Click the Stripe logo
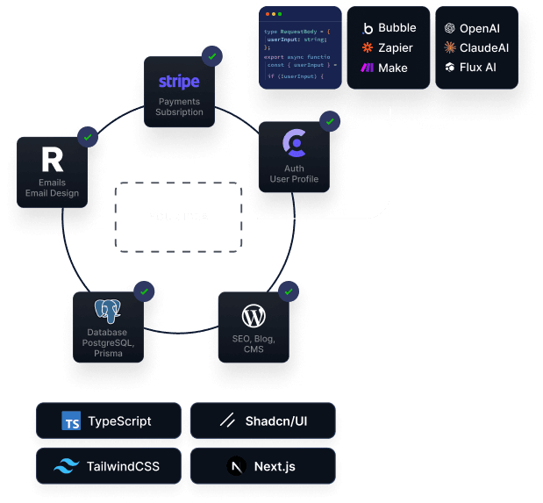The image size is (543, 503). (179, 82)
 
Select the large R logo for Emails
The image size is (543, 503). (53, 160)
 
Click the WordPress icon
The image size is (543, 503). (254, 316)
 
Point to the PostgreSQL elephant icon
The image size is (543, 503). (107, 312)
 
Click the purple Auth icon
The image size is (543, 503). (294, 142)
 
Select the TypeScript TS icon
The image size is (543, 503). (72, 421)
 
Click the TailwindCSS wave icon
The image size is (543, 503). (67, 467)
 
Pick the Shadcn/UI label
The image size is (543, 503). (276, 421)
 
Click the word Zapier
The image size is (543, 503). (396, 47)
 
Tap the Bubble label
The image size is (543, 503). (396, 28)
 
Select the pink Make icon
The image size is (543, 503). (368, 68)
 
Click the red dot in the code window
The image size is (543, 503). (266, 14)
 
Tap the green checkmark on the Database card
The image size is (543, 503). (144, 291)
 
